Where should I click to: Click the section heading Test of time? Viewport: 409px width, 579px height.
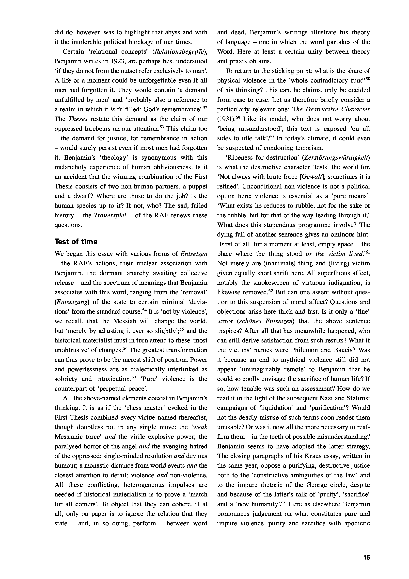(76, 242)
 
